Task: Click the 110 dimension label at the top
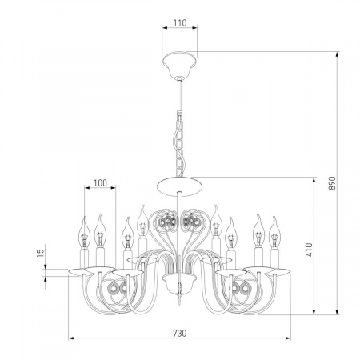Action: pos(180,23)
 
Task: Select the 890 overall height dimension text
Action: pos(331,183)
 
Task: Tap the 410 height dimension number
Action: pos(309,250)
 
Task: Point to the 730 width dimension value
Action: pos(180,333)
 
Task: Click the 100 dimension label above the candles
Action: pos(100,183)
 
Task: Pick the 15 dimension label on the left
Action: pos(40,253)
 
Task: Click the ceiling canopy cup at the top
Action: pos(180,64)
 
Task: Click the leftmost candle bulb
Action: pos(84,233)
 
